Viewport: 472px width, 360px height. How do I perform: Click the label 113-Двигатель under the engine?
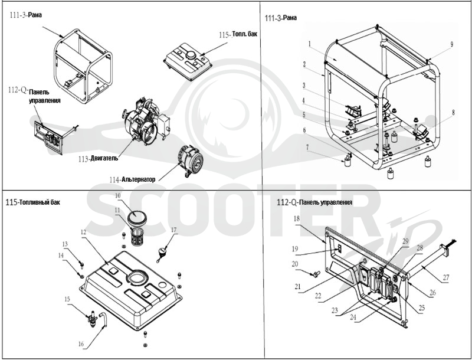point(98,158)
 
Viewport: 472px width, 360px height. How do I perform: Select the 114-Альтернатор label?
point(132,179)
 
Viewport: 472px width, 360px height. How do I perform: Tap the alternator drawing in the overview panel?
point(190,161)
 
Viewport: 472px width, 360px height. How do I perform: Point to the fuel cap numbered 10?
point(137,217)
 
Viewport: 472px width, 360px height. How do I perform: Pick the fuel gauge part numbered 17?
point(162,252)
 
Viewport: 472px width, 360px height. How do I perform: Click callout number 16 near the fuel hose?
point(81,344)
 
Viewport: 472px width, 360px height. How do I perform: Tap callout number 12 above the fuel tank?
point(83,232)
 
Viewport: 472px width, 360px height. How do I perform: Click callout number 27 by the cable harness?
point(445,277)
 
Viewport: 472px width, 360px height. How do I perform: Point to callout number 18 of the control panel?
point(297,218)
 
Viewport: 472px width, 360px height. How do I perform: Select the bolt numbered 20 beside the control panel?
point(315,274)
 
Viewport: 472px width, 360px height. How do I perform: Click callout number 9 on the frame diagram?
point(451,44)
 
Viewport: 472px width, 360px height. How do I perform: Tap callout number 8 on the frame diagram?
point(453,113)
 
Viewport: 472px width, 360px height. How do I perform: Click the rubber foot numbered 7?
point(348,161)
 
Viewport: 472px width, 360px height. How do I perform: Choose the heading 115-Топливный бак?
point(33,202)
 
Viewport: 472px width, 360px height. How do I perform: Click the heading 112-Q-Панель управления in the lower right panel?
point(314,202)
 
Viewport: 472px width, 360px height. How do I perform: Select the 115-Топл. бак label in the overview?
point(238,34)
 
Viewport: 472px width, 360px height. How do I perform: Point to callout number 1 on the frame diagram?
point(309,44)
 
